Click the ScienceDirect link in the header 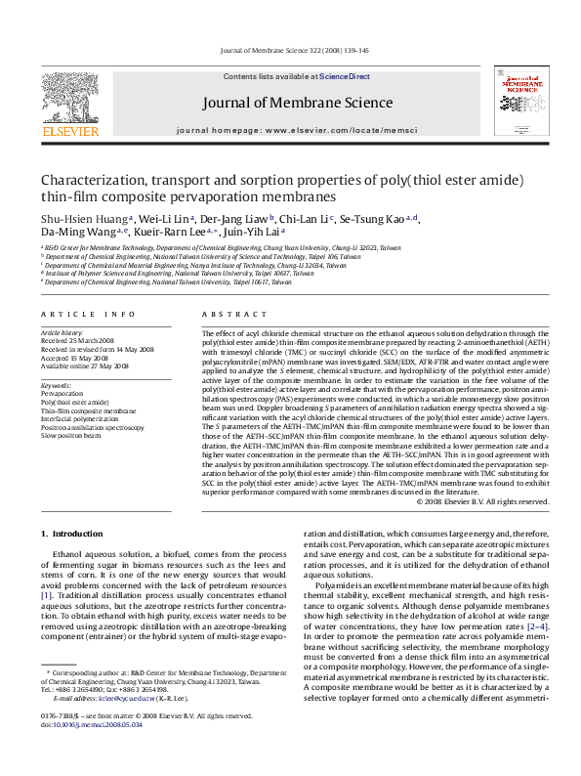345,75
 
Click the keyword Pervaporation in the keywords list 61,392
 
